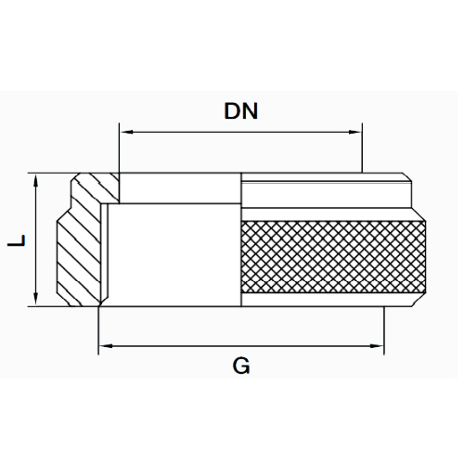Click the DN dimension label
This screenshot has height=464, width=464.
click(x=240, y=111)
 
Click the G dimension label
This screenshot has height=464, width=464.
click(x=241, y=366)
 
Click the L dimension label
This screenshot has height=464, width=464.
click(x=17, y=240)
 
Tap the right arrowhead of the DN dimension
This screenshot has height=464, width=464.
click(x=354, y=132)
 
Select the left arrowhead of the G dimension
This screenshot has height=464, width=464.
click(x=106, y=346)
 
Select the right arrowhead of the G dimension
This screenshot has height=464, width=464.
click(x=377, y=346)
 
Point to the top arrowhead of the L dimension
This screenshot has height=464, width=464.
click(x=36, y=180)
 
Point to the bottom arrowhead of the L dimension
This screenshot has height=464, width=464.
click(x=36, y=299)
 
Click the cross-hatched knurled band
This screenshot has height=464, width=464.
click(x=333, y=257)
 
